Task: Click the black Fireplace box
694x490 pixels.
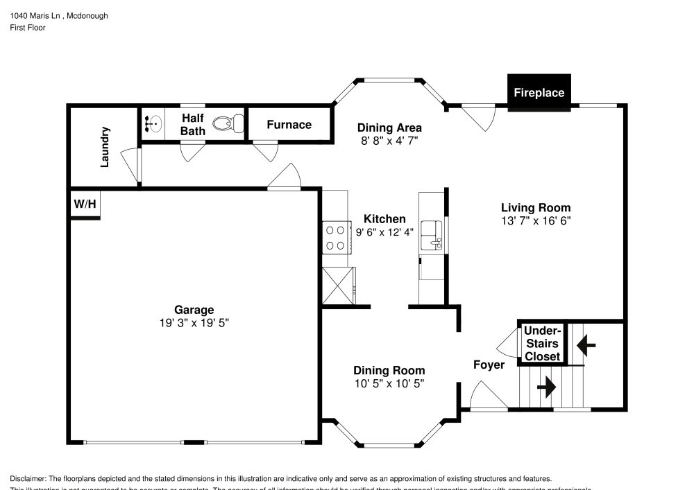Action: pos(539,92)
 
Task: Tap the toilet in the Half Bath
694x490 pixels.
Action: pos(228,124)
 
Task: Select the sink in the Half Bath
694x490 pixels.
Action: pos(153,124)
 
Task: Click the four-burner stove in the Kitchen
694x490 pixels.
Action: pos(336,237)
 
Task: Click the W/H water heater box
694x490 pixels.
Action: pos(85,204)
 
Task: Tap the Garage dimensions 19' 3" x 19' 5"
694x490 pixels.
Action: pos(194,323)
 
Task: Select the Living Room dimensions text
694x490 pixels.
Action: pos(536,220)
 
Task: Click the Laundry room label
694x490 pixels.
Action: pos(105,146)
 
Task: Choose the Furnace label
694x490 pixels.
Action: pos(289,125)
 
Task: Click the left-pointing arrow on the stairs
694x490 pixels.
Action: pos(586,342)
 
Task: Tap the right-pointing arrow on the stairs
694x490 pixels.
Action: pos(547,387)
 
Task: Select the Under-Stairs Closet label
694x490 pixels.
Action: pos(542,344)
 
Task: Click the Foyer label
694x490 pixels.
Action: pos(489,365)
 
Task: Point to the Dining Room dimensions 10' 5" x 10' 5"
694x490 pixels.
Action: pos(389,383)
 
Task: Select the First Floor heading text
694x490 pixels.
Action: pos(28,28)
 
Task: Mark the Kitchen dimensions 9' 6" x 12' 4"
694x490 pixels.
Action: pos(385,232)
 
